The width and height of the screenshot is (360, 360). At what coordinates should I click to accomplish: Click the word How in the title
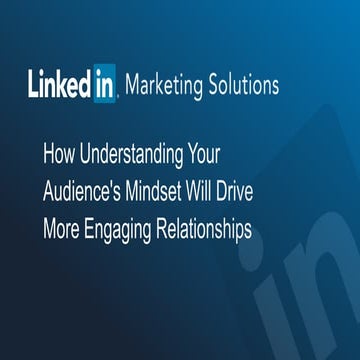coord(59,156)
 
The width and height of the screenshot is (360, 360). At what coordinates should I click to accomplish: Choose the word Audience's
coord(86,193)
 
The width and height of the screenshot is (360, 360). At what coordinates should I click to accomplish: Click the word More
coord(62,230)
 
